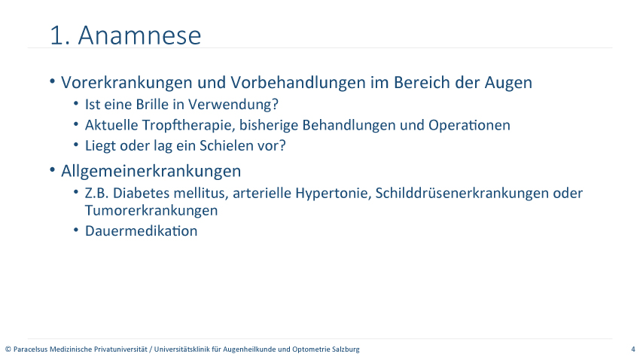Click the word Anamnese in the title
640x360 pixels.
tap(139, 35)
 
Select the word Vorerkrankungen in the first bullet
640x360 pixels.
tap(127, 83)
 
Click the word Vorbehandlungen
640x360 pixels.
tap(298, 83)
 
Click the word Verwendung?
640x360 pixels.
tap(233, 105)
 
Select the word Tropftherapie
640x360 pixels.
tap(188, 125)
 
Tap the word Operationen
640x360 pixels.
tap(469, 125)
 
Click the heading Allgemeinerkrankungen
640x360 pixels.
tap(151, 171)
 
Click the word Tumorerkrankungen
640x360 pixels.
tap(151, 210)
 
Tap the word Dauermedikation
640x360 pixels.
tap(142, 230)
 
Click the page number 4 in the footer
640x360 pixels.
tap(633, 349)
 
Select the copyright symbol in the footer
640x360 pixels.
tap(8, 349)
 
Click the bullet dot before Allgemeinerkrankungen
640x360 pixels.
tap(52, 169)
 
